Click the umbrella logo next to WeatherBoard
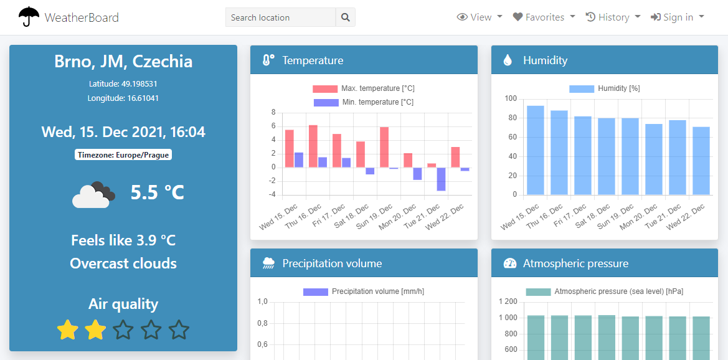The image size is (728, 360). click(x=29, y=17)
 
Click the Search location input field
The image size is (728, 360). click(x=280, y=17)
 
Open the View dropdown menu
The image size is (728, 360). click(x=480, y=17)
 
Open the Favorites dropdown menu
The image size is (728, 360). click(x=544, y=17)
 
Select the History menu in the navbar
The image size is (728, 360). click(x=613, y=17)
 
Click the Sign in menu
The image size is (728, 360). click(x=677, y=17)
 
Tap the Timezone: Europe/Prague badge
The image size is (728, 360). click(x=123, y=154)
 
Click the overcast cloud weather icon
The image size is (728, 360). click(x=93, y=194)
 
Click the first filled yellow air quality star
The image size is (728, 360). click(x=67, y=329)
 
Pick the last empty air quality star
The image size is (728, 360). click(x=179, y=329)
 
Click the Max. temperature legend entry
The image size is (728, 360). click(x=364, y=88)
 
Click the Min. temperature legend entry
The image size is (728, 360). click(x=364, y=102)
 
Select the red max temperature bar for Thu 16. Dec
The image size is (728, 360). click(x=313, y=146)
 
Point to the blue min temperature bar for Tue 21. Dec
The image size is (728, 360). click(x=441, y=179)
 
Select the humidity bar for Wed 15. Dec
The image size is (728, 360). click(x=536, y=150)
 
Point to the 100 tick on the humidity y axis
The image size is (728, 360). click(x=511, y=98)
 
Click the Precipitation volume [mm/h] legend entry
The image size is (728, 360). click(x=364, y=291)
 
